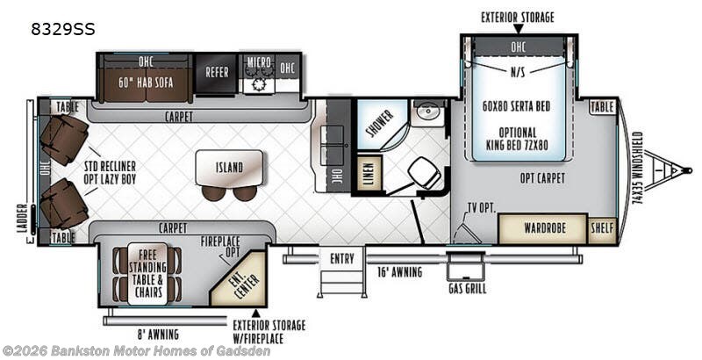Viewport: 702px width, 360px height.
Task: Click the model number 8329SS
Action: point(62,30)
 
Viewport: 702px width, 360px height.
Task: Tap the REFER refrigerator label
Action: point(217,72)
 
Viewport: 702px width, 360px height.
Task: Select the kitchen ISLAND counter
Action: point(229,168)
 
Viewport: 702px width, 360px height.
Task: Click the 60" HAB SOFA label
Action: point(146,83)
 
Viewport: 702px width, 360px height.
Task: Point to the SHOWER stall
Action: point(381,124)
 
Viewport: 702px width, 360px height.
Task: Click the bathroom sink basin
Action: point(428,112)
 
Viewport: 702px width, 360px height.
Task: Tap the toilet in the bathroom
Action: point(424,173)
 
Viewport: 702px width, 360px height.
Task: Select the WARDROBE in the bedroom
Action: point(542,228)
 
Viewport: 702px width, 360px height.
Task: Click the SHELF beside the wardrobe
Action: point(602,228)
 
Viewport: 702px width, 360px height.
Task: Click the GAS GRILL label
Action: point(467,289)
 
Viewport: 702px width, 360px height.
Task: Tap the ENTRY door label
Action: point(341,259)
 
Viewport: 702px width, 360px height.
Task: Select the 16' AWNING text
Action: point(399,272)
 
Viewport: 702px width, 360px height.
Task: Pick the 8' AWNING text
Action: point(158,334)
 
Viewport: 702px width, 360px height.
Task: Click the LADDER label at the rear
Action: point(24,219)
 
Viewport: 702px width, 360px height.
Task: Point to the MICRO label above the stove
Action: point(259,62)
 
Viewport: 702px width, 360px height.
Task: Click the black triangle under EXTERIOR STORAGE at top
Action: point(518,30)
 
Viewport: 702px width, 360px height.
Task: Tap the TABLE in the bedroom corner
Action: point(602,107)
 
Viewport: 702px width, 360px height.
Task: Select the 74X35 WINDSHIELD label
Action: point(638,168)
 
